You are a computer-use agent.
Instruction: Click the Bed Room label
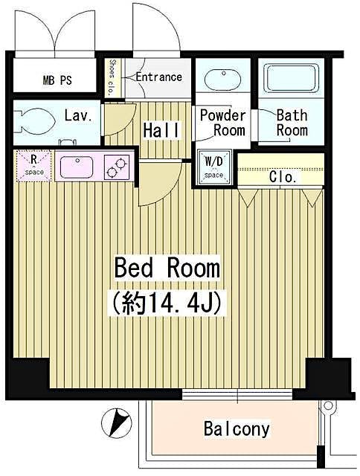[x=167, y=268]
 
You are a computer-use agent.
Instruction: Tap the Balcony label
[x=236, y=429]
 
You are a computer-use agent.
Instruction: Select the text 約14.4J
[x=167, y=303]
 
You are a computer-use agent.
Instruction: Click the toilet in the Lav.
[x=33, y=120]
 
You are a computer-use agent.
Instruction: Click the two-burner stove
[x=116, y=167]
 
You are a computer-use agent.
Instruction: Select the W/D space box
[x=213, y=167]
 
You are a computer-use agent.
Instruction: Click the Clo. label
[x=283, y=178]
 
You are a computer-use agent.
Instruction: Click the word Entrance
[x=158, y=77]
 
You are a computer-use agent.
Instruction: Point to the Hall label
[x=161, y=130]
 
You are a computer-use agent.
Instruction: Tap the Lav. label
[x=77, y=116]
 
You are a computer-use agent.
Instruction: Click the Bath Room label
[x=292, y=123]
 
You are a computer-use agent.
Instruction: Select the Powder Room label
[x=222, y=123]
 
